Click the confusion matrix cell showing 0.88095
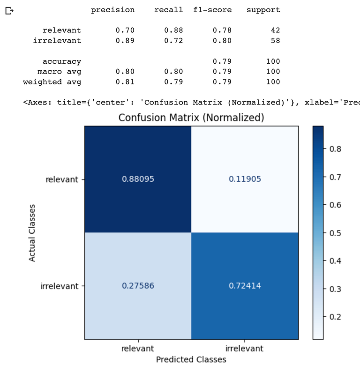pyautogui.click(x=138, y=179)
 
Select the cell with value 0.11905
pyautogui.click(x=245, y=179)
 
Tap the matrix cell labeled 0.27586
pyautogui.click(x=138, y=286)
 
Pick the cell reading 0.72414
pyautogui.click(x=245, y=286)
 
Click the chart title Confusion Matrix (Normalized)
pyautogui.click(x=191, y=117)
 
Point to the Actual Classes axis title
pyautogui.click(x=32, y=232)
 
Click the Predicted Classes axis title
pyautogui.click(x=191, y=359)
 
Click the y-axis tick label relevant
pyautogui.click(x=61, y=179)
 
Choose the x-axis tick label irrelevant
pyautogui.click(x=244, y=349)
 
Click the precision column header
pyautogui.click(x=112, y=10)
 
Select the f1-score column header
pyautogui.click(x=212, y=10)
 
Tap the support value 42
pyautogui.click(x=275, y=30)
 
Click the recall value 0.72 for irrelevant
pyautogui.click(x=173, y=41)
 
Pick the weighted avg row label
pyautogui.click(x=52, y=82)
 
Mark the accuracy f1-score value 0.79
pyautogui.click(x=222, y=61)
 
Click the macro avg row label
pyautogui.click(x=59, y=72)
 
